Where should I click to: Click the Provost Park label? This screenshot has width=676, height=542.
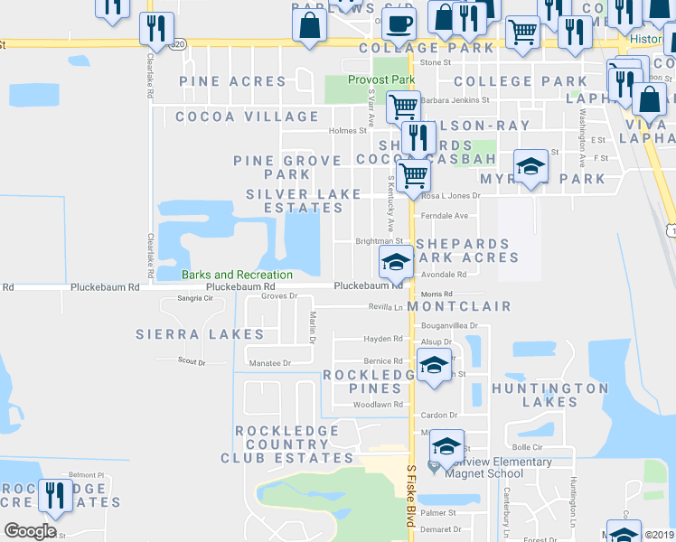381,80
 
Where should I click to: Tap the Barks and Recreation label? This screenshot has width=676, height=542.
237,275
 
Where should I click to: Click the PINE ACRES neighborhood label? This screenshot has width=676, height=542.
232,81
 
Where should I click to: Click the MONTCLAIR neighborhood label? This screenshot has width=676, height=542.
458,307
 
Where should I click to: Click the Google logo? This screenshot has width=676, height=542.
30,530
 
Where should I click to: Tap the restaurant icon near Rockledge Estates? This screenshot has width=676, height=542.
57,496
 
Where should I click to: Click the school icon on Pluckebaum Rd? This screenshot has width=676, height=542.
395,262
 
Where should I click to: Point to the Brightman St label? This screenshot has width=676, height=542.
379,241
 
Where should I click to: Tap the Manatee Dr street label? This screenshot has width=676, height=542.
268,363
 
